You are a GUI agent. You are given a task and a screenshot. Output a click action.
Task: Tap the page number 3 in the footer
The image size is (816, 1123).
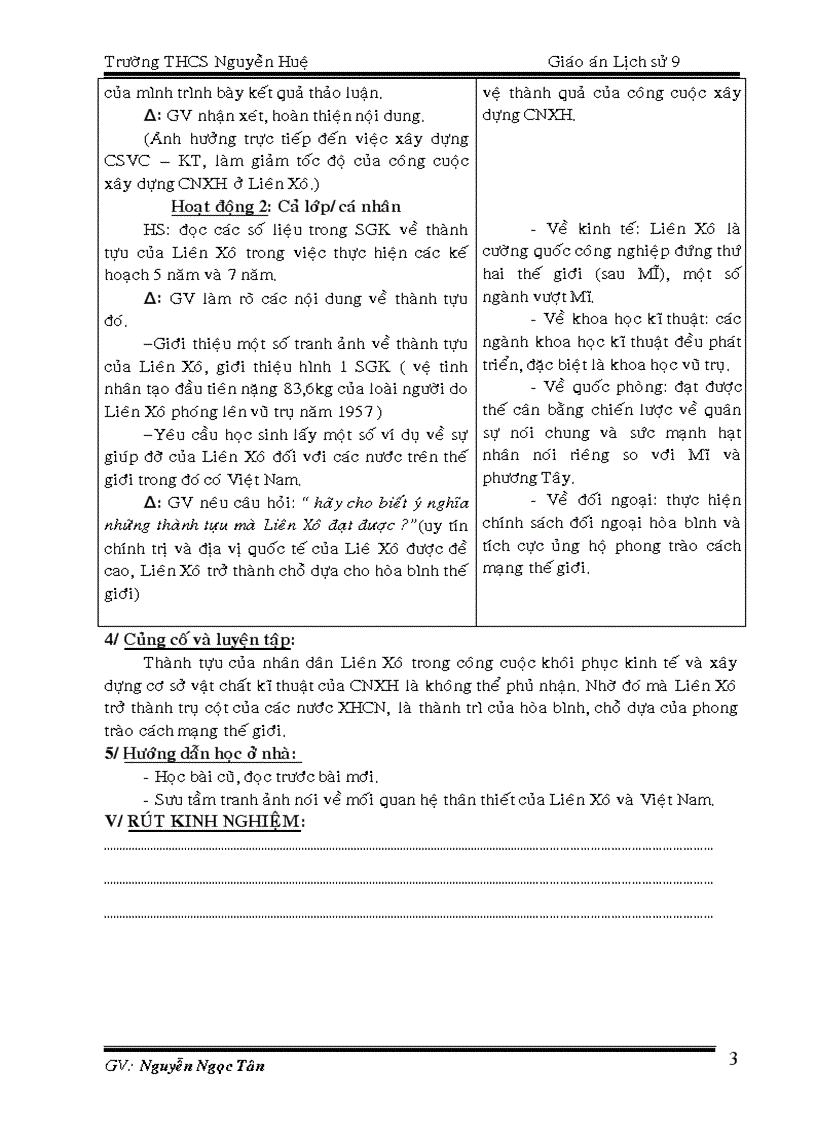pos(733,1061)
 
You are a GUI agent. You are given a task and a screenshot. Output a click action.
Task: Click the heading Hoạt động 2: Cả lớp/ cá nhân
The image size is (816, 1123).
pos(286,207)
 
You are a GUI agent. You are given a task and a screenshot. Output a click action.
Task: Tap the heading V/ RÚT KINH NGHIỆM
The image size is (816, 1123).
pos(204,821)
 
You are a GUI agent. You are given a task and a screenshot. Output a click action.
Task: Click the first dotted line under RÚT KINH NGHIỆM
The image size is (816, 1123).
pos(408,848)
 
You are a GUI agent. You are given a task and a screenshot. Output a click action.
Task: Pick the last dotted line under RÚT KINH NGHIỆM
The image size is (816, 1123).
pos(408,914)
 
